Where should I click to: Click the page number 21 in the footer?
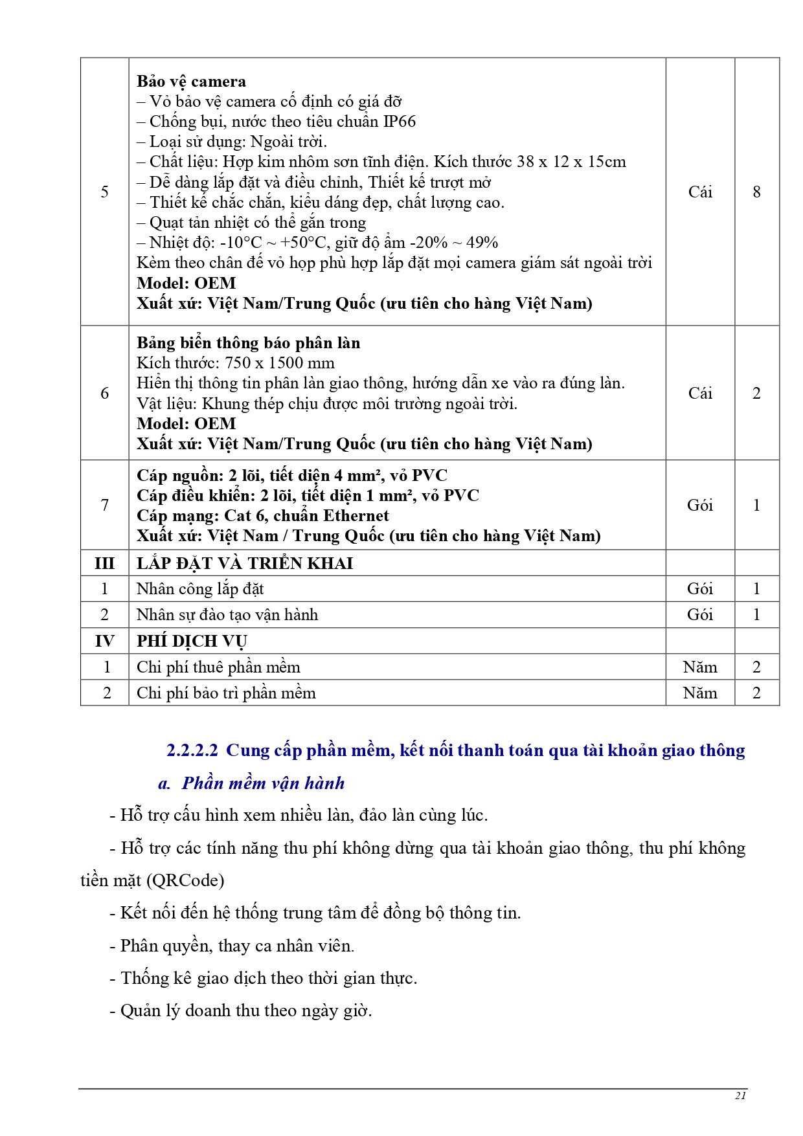click(x=741, y=1095)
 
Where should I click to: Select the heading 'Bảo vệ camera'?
click(x=191, y=82)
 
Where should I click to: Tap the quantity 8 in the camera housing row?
click(x=756, y=192)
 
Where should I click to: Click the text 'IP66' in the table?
click(x=400, y=122)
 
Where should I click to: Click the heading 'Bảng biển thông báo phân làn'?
click(x=248, y=343)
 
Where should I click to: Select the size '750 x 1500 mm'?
click(x=279, y=363)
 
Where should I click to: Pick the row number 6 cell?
click(x=104, y=393)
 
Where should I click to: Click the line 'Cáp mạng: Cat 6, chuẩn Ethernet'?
click(x=262, y=516)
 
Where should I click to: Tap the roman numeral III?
click(x=104, y=563)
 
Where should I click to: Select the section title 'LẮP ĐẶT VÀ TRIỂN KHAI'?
click(x=244, y=563)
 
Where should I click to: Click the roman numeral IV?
click(x=104, y=641)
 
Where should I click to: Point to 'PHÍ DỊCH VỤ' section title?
click(x=192, y=641)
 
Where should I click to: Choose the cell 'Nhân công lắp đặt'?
click(x=200, y=589)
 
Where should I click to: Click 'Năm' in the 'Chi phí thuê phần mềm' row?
click(x=699, y=667)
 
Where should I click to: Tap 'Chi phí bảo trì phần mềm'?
click(x=226, y=693)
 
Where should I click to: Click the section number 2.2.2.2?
click(x=192, y=750)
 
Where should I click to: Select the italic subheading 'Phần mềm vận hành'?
click(x=263, y=783)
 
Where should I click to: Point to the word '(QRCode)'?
click(x=185, y=880)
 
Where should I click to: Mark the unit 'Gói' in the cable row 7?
click(x=699, y=505)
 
